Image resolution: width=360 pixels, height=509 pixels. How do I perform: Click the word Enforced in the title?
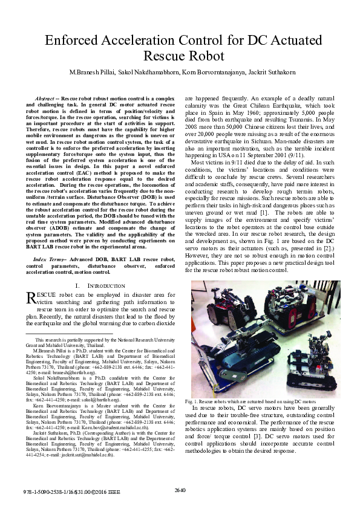click(73, 41)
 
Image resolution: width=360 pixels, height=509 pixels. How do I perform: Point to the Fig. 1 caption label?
click(192, 402)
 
